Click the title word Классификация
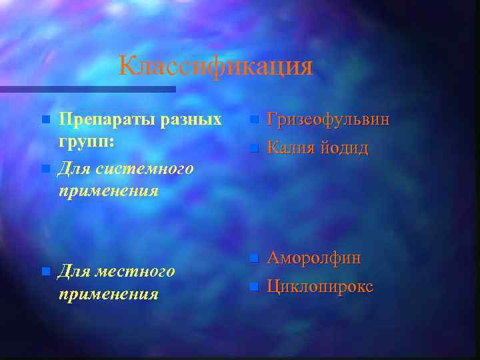(x=215, y=66)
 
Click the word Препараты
(x=106, y=119)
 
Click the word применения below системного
(x=108, y=191)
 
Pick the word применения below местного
(x=108, y=294)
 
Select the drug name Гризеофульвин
(x=328, y=119)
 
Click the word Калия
(x=289, y=148)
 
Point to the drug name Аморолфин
(x=314, y=257)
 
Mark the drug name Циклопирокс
(x=320, y=287)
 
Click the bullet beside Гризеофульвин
(x=253, y=121)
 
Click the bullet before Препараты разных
(x=45, y=121)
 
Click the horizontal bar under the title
(x=87, y=89)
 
